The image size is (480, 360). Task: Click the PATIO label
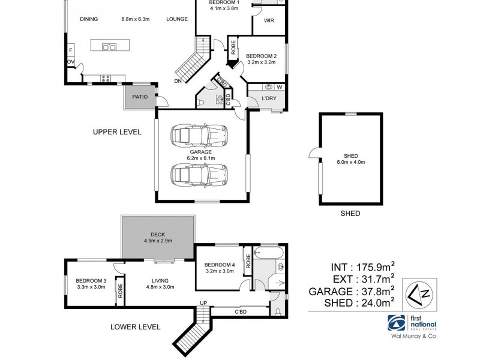pyautogui.click(x=140, y=97)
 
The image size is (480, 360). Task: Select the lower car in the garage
pyautogui.click(x=199, y=175)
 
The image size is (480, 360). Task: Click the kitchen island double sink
pyautogui.click(x=109, y=47)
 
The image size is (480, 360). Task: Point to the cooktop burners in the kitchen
pyautogui.click(x=106, y=79)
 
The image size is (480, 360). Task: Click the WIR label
pyautogui.click(x=269, y=20)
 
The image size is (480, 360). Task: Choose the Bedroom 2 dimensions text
pyautogui.click(x=262, y=62)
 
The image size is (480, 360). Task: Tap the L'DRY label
pyautogui.click(x=269, y=98)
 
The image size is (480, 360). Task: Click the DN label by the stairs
pyautogui.click(x=178, y=81)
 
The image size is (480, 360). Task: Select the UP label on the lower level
pyautogui.click(x=203, y=303)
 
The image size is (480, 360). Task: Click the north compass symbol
pyautogui.click(x=419, y=294)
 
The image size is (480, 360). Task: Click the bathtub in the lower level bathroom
pyautogui.click(x=269, y=253)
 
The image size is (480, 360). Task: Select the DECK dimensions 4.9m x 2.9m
pyautogui.click(x=158, y=241)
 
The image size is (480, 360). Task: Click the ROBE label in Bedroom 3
pyautogui.click(x=121, y=291)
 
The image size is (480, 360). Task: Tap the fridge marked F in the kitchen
pyautogui.click(x=71, y=50)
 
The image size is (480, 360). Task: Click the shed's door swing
pyautogui.click(x=314, y=153)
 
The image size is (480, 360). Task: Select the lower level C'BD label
pyautogui.click(x=241, y=312)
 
